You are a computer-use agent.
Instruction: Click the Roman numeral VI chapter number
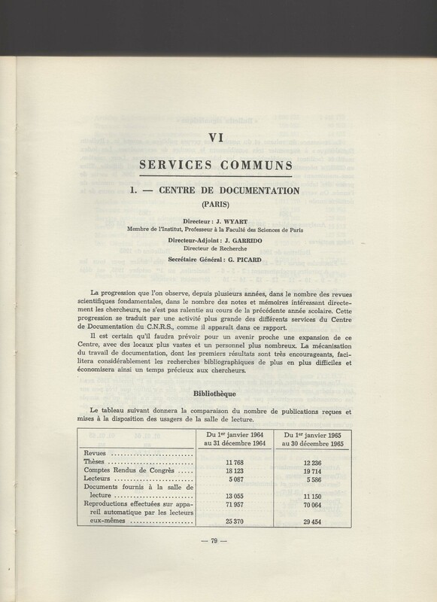[218, 136]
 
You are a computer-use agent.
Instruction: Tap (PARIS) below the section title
[218, 204]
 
